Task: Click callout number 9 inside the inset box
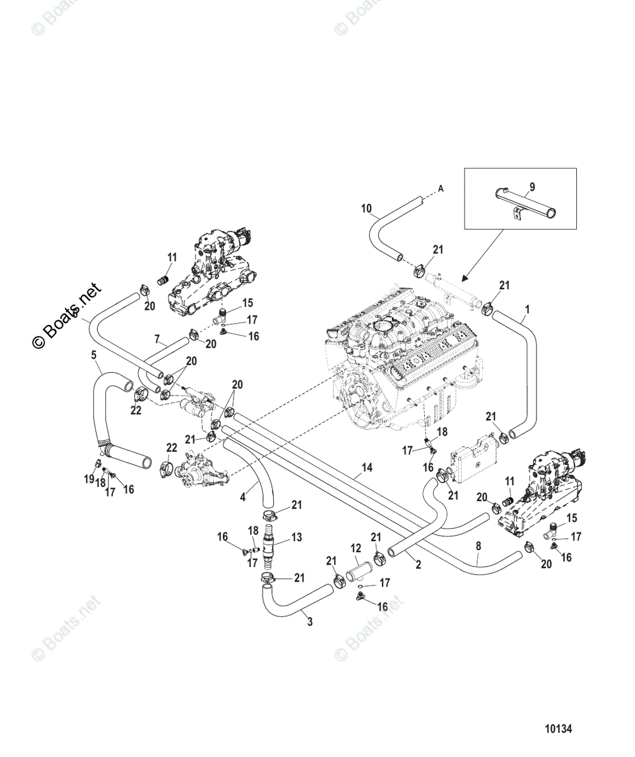click(x=532, y=187)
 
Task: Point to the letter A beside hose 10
click(x=441, y=189)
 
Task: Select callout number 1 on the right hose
click(x=527, y=309)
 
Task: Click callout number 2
click(x=418, y=565)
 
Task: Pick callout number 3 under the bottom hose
click(x=310, y=622)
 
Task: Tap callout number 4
click(x=243, y=498)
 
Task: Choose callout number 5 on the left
click(x=94, y=355)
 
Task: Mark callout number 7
click(x=157, y=339)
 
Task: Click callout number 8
click(x=478, y=546)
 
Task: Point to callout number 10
click(x=367, y=208)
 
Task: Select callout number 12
click(x=356, y=548)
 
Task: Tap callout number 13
click(x=297, y=537)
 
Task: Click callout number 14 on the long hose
click(x=367, y=467)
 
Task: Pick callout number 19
click(x=89, y=479)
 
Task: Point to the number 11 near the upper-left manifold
click(x=172, y=257)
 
